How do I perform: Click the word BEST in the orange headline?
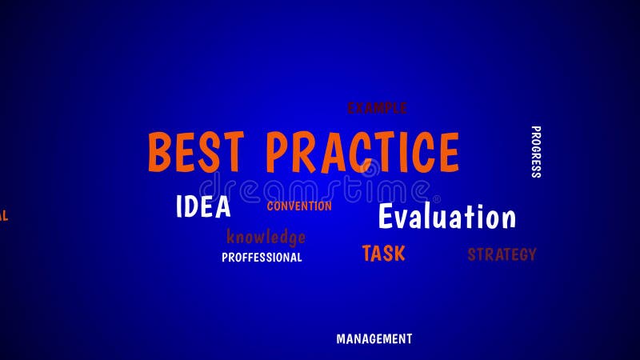(194, 152)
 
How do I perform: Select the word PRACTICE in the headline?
(362, 152)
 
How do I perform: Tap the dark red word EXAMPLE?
(377, 108)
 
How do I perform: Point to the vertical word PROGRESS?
(535, 152)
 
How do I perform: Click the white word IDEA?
(203, 206)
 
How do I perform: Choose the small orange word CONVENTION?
(299, 206)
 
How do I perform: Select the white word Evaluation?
(446, 217)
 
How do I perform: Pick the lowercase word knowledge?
(266, 237)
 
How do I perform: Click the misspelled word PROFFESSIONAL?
(262, 258)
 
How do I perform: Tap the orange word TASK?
(383, 254)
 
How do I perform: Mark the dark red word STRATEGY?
(502, 255)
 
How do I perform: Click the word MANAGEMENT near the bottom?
(374, 339)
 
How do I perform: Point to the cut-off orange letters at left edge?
(3, 216)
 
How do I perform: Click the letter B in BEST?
(160, 152)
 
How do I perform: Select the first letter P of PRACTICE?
(278, 152)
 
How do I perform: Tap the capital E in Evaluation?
(386, 217)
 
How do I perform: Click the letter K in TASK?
(398, 254)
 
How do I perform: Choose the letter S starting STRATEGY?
(472, 255)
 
